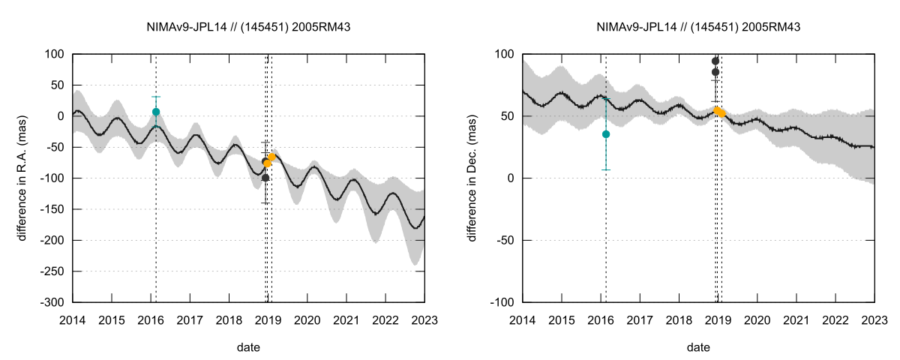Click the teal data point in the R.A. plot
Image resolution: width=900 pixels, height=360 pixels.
click(156, 112)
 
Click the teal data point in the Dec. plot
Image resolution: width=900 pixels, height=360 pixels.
click(606, 134)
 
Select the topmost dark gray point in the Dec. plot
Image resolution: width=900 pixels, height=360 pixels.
click(715, 61)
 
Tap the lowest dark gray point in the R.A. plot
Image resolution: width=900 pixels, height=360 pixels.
click(265, 178)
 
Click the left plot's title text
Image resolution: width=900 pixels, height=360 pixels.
click(249, 27)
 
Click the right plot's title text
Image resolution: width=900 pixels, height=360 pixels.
click(698, 27)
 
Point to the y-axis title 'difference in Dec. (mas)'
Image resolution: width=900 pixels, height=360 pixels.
click(472, 178)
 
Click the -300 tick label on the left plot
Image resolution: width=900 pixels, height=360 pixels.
click(53, 302)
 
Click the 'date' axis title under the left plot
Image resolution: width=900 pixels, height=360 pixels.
click(249, 348)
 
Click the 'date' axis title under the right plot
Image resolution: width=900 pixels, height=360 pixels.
click(698, 348)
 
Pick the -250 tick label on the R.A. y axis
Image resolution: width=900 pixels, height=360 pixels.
click(53, 271)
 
